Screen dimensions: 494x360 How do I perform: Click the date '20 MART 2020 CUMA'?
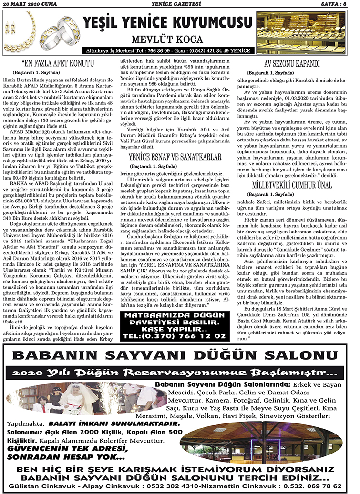[30, 4]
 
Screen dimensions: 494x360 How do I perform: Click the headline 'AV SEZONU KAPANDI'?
[298, 63]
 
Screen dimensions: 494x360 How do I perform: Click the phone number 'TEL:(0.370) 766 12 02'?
[174, 336]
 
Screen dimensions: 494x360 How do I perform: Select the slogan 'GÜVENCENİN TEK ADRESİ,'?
[68, 448]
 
